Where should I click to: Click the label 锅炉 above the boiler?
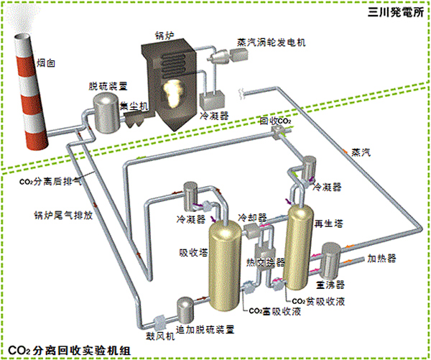(x=166, y=33)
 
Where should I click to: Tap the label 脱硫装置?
(x=108, y=85)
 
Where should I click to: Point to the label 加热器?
(x=381, y=257)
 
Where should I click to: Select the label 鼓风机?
(x=160, y=335)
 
